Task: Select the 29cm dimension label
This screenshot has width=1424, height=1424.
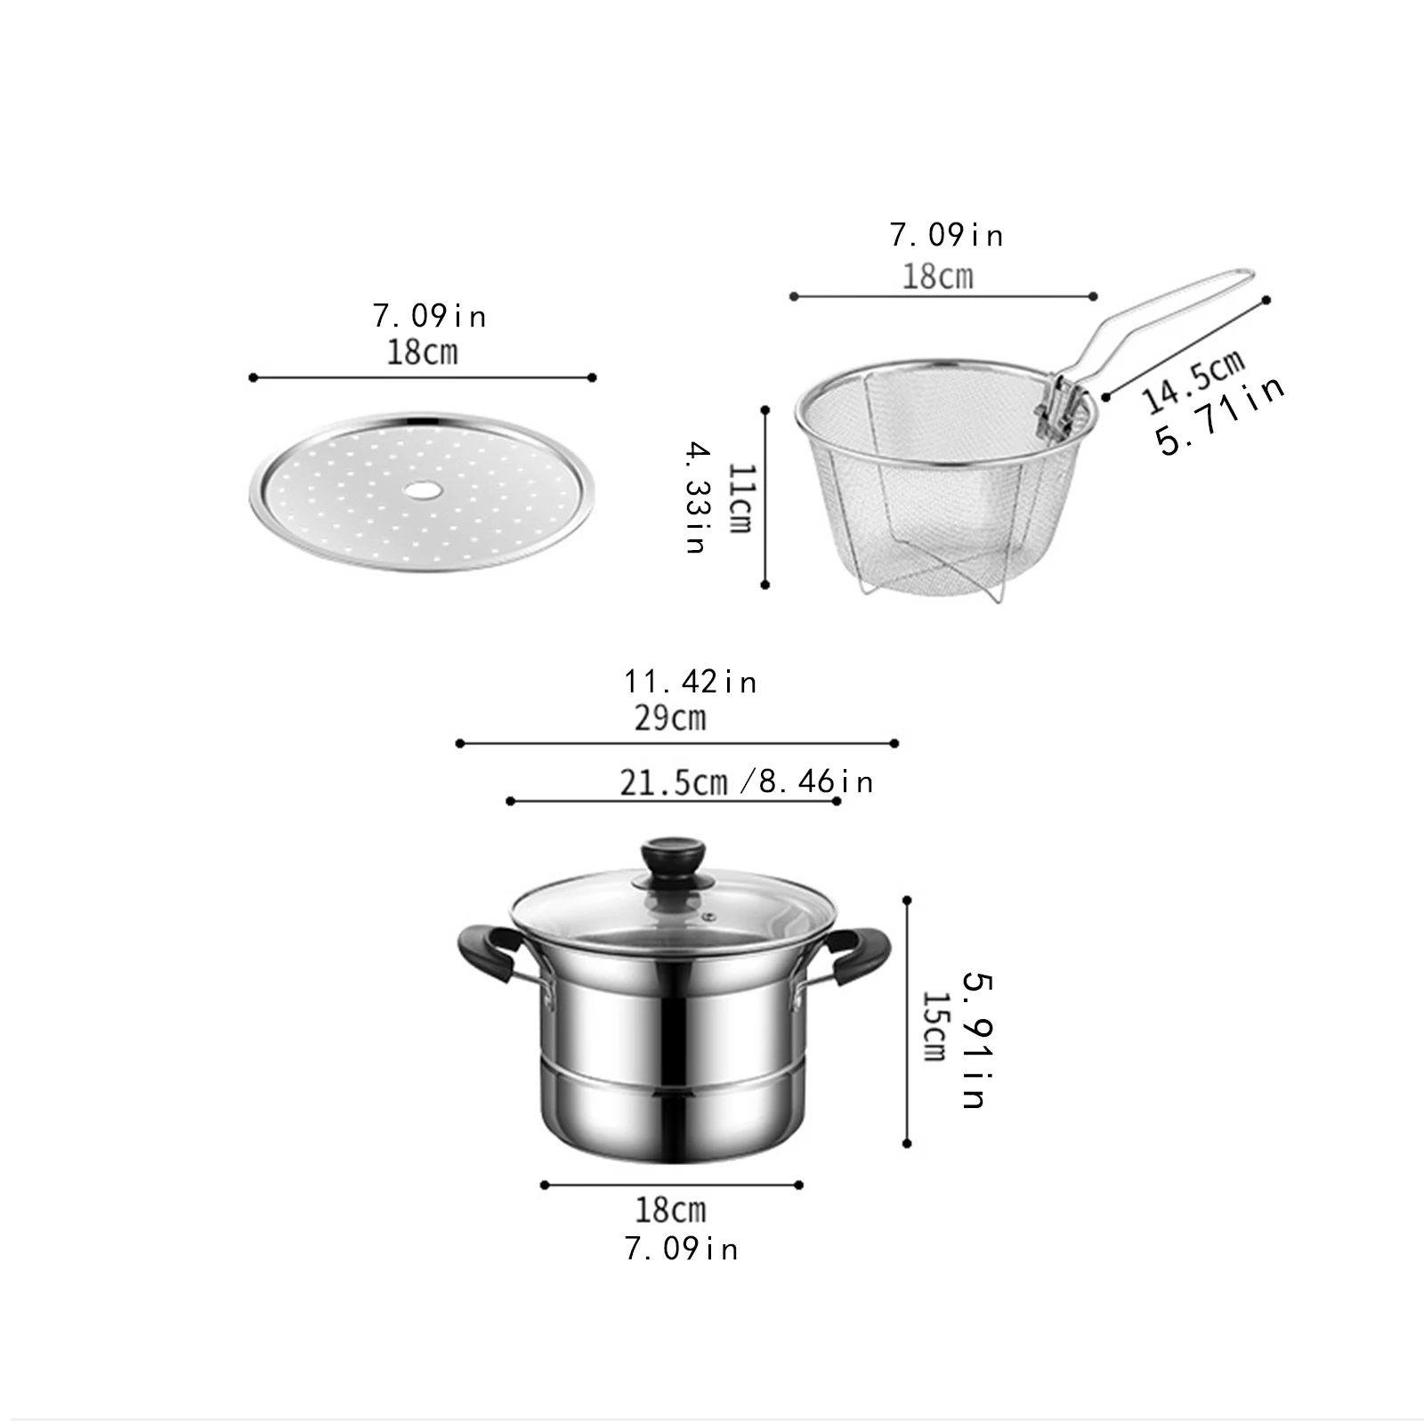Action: [670, 717]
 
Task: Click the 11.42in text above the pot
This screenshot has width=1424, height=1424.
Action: [690, 683]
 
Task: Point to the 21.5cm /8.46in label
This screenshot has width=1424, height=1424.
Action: [746, 782]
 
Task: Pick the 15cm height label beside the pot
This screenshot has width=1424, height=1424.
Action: [933, 1026]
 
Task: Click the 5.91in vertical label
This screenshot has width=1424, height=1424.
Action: [976, 1039]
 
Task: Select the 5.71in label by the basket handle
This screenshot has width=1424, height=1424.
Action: [1221, 417]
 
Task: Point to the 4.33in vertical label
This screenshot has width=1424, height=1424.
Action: [697, 498]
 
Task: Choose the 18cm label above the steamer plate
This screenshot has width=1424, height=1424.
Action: [422, 352]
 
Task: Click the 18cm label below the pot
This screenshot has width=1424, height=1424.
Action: [670, 1210]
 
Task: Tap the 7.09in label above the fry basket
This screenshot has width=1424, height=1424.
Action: [946, 236]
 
